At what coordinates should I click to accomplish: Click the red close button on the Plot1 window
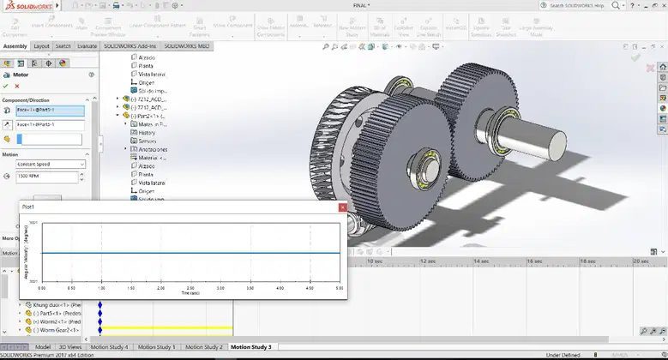[x=342, y=207]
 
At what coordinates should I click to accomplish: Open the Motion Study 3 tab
[x=250, y=347]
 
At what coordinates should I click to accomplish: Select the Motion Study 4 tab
[x=109, y=347]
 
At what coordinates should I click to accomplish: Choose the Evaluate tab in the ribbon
[x=87, y=46]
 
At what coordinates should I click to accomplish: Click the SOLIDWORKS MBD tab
[x=187, y=46]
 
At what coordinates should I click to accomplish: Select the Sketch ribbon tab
[x=63, y=46]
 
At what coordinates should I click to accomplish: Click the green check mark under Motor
[x=6, y=86]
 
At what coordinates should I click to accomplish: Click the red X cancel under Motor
[x=17, y=86]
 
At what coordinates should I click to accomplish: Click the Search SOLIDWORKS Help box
[x=600, y=6]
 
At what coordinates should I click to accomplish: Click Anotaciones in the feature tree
[x=152, y=149]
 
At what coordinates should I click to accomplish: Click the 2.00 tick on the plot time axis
[x=190, y=287]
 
